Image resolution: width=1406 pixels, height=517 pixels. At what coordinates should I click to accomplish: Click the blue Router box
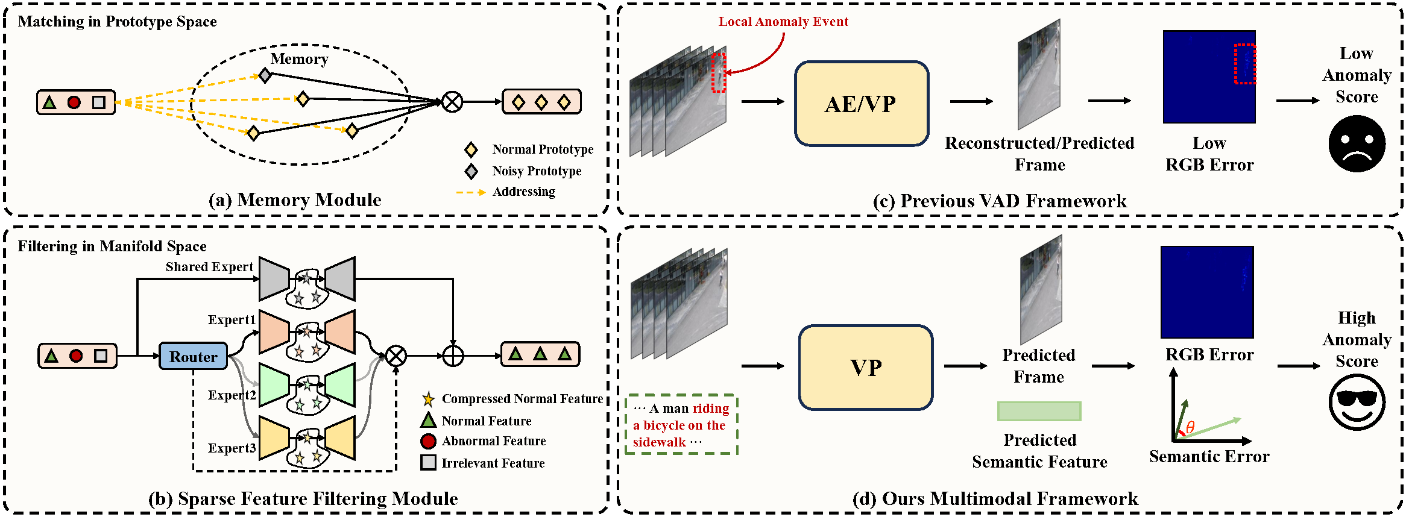[193, 356]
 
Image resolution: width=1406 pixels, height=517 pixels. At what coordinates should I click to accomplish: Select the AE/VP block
[862, 104]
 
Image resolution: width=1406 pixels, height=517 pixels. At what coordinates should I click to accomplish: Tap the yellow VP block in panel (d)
[866, 368]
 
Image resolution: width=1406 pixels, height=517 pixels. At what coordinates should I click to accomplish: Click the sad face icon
[1357, 144]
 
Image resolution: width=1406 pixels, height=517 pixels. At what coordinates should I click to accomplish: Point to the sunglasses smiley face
[1357, 402]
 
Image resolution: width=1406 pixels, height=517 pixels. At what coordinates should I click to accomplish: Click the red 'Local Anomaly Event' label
[783, 22]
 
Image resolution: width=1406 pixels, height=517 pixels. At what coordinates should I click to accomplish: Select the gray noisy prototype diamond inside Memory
[265, 75]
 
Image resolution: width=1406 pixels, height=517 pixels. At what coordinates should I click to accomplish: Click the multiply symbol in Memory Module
[452, 102]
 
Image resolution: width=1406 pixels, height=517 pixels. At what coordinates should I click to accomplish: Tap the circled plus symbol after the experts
[453, 356]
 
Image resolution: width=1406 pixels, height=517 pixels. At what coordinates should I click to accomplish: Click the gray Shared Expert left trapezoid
[274, 278]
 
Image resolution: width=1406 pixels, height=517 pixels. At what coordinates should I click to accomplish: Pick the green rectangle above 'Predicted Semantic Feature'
[1039, 411]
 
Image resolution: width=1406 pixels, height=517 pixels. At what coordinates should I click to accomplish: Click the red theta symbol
[1190, 427]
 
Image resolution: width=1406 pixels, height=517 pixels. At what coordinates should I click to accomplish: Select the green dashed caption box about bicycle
[681, 424]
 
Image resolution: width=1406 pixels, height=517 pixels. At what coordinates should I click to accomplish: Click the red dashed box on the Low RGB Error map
[1245, 63]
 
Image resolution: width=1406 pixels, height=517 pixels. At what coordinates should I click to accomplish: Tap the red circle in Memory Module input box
[74, 102]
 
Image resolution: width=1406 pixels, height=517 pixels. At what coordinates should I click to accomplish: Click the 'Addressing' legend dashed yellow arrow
[471, 192]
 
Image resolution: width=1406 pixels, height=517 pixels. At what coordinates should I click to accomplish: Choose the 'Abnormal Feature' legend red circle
[428, 441]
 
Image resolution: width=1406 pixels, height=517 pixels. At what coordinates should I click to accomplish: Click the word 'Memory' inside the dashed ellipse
[300, 59]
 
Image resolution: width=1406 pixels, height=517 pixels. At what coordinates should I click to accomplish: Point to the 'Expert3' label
[232, 448]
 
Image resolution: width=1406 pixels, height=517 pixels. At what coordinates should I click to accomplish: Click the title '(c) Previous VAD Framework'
[1000, 201]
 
